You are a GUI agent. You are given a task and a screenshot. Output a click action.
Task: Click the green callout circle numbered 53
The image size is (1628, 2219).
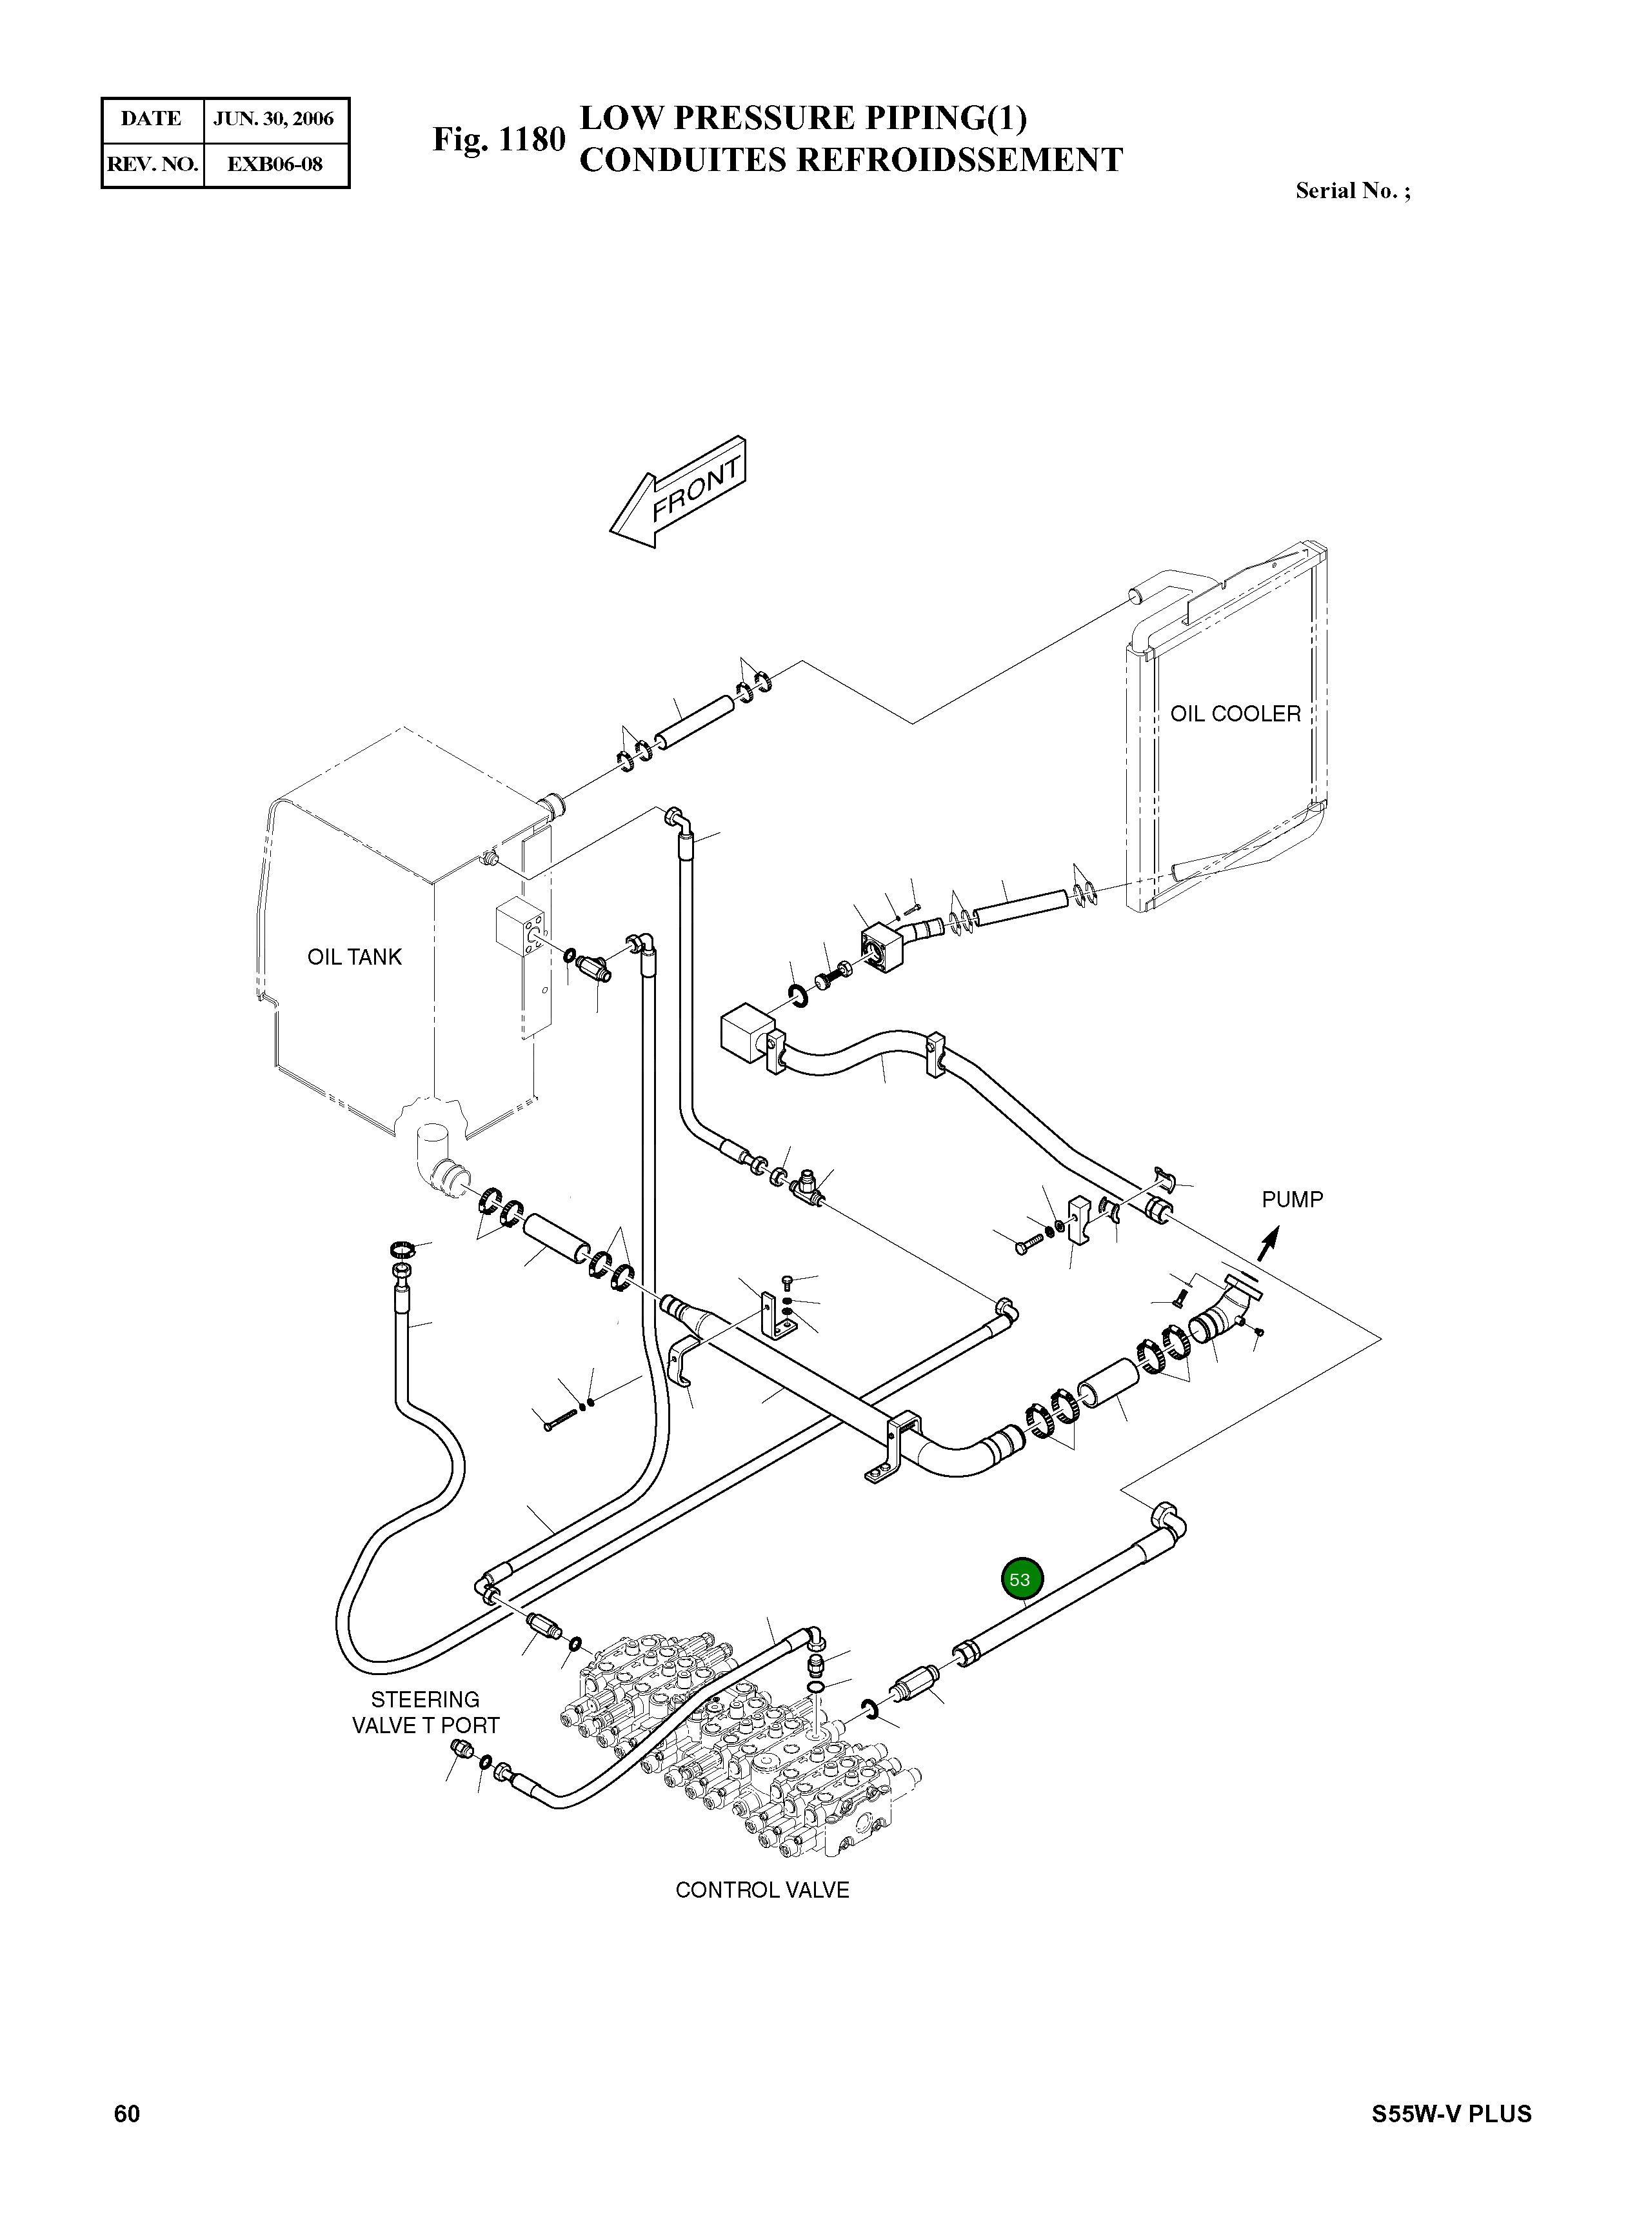tap(1019, 1579)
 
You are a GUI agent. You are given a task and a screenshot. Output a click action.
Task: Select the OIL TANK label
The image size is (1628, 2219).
tap(355, 956)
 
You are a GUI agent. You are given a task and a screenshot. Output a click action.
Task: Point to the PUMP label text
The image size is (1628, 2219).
tap(1292, 1200)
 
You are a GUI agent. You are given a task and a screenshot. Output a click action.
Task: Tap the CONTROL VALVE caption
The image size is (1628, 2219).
tap(762, 1890)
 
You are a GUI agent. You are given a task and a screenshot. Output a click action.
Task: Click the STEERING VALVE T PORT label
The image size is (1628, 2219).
tap(426, 1712)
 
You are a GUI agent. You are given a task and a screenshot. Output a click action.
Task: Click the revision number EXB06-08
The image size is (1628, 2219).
tap(274, 164)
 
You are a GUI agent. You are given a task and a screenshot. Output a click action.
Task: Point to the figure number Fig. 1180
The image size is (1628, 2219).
tap(499, 140)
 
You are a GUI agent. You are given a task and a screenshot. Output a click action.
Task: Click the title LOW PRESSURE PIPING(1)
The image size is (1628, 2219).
tap(803, 118)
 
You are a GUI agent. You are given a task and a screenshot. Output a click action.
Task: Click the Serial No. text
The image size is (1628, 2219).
tap(1352, 191)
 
